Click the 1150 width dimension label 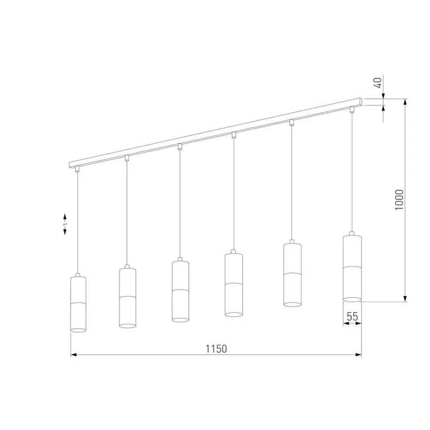click(216, 349)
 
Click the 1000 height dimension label click(399, 200)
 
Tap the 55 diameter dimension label click(353, 316)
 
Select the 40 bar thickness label click(378, 82)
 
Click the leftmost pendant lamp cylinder click(78, 304)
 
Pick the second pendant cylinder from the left click(127, 298)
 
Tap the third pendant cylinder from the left click(180, 291)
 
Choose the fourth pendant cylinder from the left click(234, 285)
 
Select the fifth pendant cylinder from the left click(292, 275)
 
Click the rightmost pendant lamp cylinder click(352, 268)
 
